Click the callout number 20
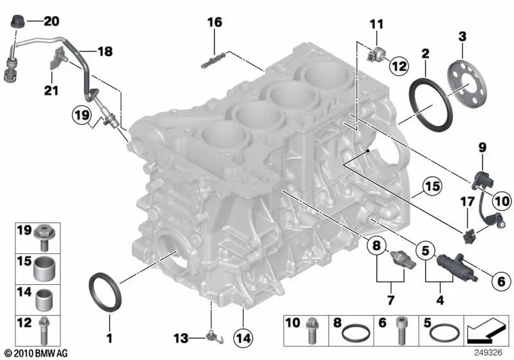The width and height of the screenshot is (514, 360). [x=51, y=21]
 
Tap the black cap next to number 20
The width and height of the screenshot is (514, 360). [x=17, y=22]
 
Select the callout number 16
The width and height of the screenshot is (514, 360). [x=215, y=22]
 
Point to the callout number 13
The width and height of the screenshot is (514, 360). [x=181, y=338]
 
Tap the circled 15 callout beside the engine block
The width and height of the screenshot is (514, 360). [x=432, y=186]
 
